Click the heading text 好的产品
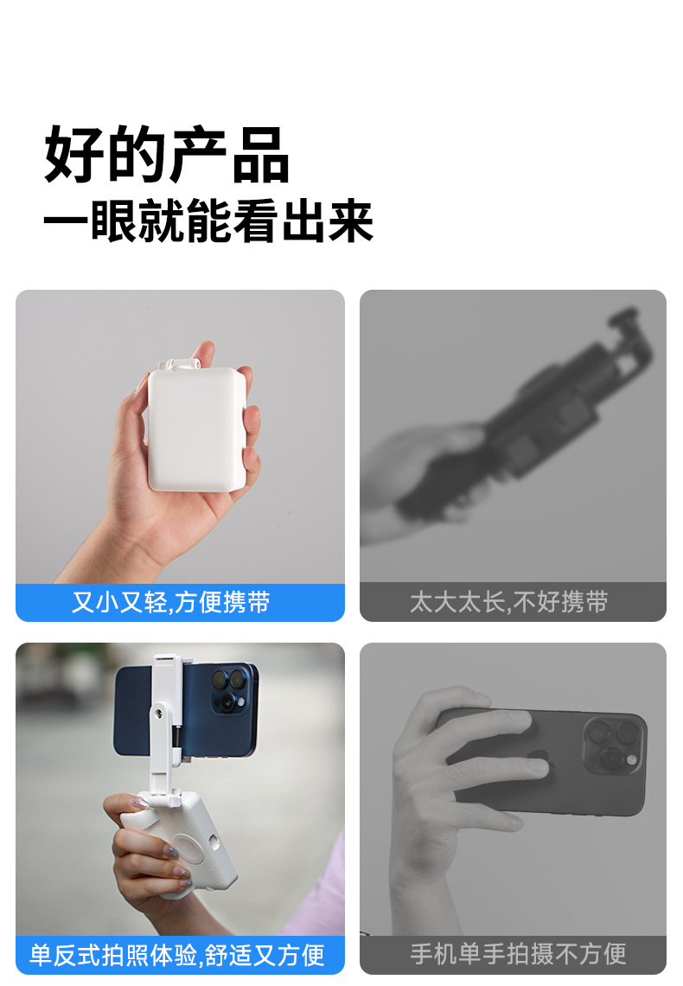click(167, 154)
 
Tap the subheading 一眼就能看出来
click(208, 221)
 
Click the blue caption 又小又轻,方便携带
click(171, 602)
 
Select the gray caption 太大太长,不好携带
click(509, 602)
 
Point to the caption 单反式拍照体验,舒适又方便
click(177, 955)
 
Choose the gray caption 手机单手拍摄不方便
click(519, 954)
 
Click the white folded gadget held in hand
click(196, 427)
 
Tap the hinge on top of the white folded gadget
click(180, 364)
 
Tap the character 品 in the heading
click(261, 155)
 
